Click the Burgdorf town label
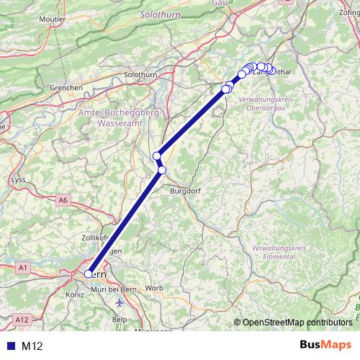click(184, 192)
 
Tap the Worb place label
click(155, 288)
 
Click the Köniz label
click(75, 294)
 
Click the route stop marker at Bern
click(89, 274)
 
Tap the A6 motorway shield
click(63, 199)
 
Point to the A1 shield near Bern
click(23, 268)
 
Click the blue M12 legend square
click(9, 346)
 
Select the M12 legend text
click(33, 346)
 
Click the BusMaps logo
click(325, 346)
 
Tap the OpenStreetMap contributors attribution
click(296, 323)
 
